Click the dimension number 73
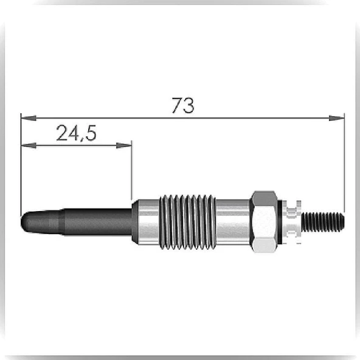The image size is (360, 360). [183, 105]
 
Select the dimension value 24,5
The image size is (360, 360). [76, 133]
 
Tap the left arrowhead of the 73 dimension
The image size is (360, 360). [29, 118]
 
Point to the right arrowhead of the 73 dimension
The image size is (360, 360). [336, 118]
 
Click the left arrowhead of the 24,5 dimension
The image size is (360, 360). [29, 145]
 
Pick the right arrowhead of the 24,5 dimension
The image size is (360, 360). [124, 145]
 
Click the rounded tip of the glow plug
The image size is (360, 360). [24, 222]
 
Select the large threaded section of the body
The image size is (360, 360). [187, 222]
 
